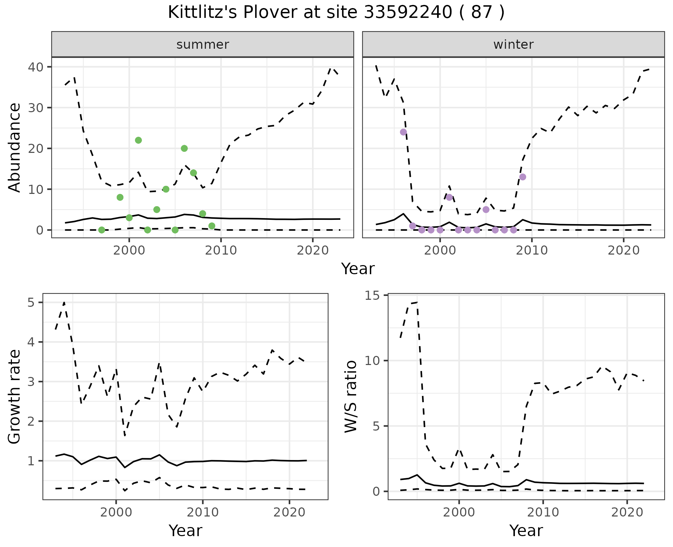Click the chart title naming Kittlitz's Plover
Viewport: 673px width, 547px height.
[336, 13]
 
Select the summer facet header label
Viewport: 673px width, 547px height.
[203, 45]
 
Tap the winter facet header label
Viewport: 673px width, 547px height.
[513, 45]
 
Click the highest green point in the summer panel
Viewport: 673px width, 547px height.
[138, 140]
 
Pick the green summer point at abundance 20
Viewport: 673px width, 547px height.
[184, 148]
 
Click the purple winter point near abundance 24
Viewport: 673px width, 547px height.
[403, 132]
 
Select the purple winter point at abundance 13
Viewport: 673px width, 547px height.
[523, 177]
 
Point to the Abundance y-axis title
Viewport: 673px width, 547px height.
[15, 148]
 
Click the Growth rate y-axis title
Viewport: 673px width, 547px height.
[15, 397]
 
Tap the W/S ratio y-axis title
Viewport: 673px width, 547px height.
[351, 397]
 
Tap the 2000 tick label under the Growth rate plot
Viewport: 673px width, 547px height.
[116, 512]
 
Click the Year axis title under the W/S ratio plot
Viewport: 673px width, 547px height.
[526, 531]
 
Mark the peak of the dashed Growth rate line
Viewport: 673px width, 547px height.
[64, 302]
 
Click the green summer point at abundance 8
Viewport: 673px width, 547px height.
[120, 197]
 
